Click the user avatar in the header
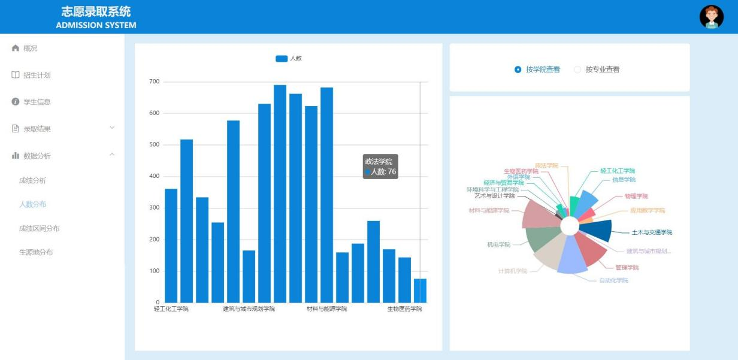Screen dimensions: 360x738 click(x=712, y=17)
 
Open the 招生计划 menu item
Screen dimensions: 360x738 click(x=37, y=75)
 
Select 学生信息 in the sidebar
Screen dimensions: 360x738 click(x=37, y=102)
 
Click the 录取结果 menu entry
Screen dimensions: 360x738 click(x=37, y=129)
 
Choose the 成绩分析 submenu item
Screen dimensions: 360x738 click(x=32, y=180)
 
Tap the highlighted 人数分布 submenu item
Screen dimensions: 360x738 click(x=32, y=204)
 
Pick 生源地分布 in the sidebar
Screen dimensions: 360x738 click(x=36, y=252)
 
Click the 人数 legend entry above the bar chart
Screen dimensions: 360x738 click(x=289, y=58)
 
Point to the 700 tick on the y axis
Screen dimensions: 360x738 click(x=155, y=81)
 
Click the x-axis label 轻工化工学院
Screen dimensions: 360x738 click(x=171, y=309)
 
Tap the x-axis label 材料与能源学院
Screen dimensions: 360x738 click(x=326, y=309)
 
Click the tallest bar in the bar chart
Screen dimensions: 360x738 click(x=280, y=193)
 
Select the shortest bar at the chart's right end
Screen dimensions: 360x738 click(x=420, y=291)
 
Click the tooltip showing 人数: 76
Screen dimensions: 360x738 click(x=380, y=167)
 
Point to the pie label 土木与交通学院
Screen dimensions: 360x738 click(x=652, y=232)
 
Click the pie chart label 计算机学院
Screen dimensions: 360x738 click(x=513, y=271)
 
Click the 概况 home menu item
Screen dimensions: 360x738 click(x=30, y=48)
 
